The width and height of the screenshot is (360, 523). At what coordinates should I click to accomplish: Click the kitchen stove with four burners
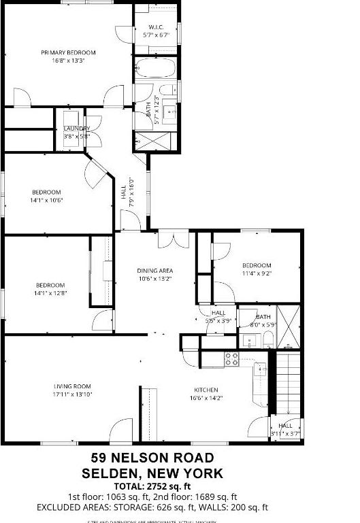[231, 358]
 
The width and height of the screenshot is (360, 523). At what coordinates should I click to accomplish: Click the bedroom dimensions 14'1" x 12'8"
[51, 293]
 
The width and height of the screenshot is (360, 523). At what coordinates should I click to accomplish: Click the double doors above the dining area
[172, 240]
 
